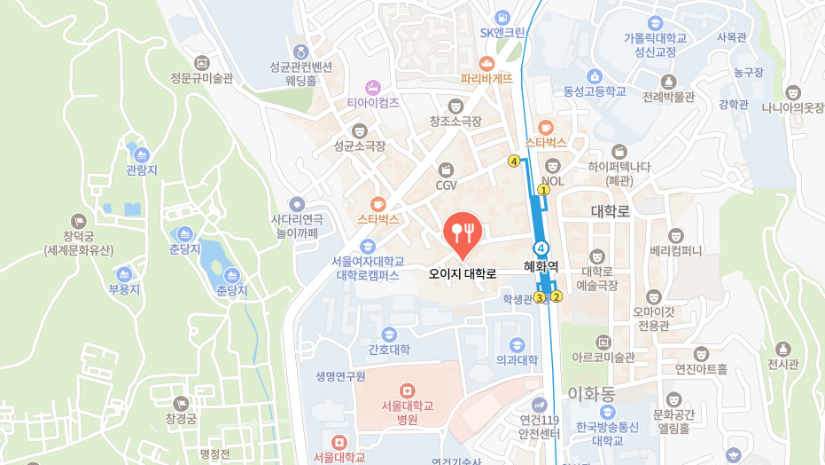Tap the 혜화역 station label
tap(541, 265)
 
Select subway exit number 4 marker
tap(513, 161)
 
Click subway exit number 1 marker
tap(543, 189)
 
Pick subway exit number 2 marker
tap(556, 296)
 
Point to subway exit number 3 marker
tap(538, 297)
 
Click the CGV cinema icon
tap(446, 169)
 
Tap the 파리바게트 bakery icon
tap(486, 63)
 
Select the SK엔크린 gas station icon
tap(502, 17)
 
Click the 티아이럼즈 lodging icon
tap(372, 87)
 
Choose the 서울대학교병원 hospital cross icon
tap(407, 390)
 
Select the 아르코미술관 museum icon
tap(603, 342)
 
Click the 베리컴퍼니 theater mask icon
tap(675, 235)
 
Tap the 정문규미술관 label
tap(201, 78)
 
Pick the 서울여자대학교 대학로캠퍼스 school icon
tap(368, 246)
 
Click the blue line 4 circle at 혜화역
tap(541, 247)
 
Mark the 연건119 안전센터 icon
tap(539, 405)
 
